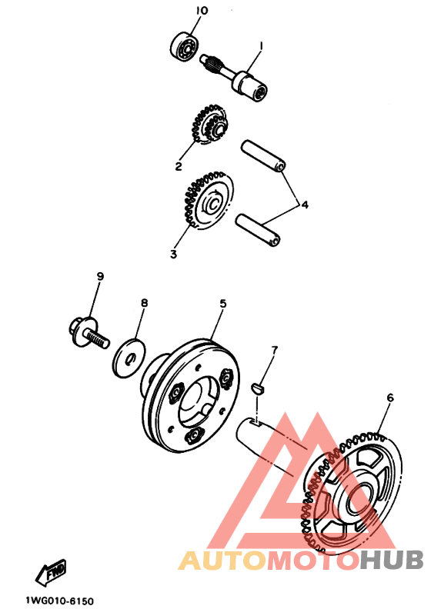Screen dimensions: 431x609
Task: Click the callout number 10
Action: pos(202,11)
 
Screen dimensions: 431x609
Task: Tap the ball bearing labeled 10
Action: pos(184,47)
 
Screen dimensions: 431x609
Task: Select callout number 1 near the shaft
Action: pos(261,46)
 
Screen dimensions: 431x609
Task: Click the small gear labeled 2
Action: pos(210,125)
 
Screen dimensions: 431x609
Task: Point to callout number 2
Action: pos(179,166)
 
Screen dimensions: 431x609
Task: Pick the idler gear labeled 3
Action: pos(208,201)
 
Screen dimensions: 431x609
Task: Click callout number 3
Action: pos(173,255)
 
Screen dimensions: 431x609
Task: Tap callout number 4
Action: pos(305,205)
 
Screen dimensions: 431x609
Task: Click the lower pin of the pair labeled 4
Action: pos(258,231)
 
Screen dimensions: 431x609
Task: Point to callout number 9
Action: pos(100,277)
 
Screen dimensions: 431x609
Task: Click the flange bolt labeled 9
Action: pos(89,333)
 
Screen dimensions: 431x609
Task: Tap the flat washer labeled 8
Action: pos(129,358)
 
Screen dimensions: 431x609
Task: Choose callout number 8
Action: pos(144,302)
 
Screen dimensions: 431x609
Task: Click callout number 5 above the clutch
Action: pos(222,303)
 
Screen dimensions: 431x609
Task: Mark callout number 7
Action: pos(275,351)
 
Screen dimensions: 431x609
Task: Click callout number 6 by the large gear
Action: pos(389,398)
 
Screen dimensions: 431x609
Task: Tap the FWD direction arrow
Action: pos(51,573)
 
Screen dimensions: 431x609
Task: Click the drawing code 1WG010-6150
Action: pos(60,601)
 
